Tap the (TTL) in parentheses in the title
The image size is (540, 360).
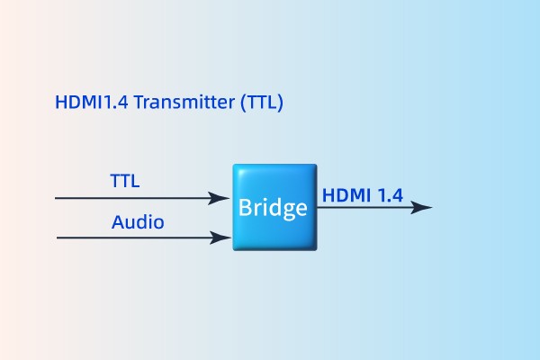coord(262,103)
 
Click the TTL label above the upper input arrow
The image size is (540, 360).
coord(124,181)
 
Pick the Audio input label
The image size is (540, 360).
coord(138,221)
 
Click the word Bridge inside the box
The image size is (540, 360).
coord(273,208)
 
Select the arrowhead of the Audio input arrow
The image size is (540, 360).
coord(220,238)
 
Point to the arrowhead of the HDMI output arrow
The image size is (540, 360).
coord(423,207)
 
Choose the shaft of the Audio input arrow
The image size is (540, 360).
coord(135,238)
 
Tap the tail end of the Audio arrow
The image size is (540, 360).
coord(59,238)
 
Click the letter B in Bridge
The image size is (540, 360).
coord(244,208)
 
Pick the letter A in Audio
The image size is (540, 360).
coord(118,221)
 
